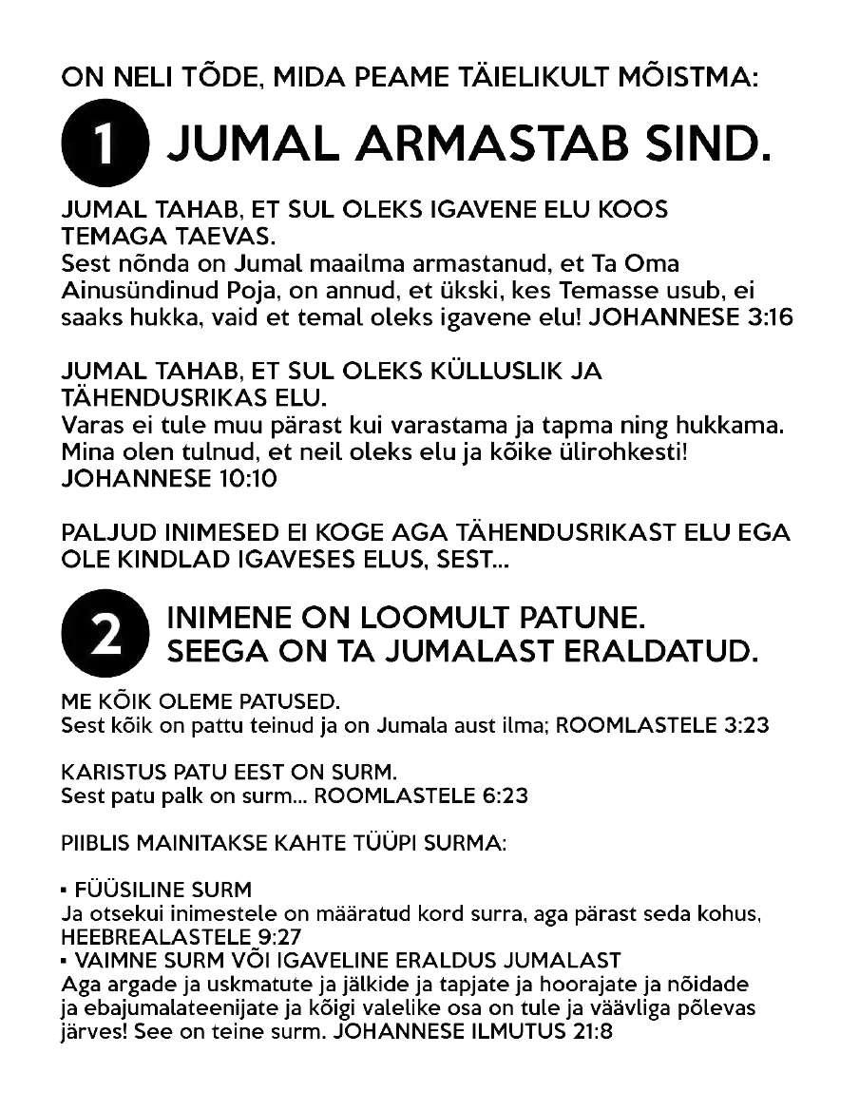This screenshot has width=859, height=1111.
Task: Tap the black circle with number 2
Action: tap(105, 635)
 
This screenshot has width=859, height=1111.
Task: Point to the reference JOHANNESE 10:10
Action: tap(168, 478)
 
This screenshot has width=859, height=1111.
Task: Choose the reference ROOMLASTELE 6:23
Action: tap(421, 795)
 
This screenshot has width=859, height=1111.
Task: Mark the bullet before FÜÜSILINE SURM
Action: tap(64, 891)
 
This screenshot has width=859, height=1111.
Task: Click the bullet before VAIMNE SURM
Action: tap(64, 960)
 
